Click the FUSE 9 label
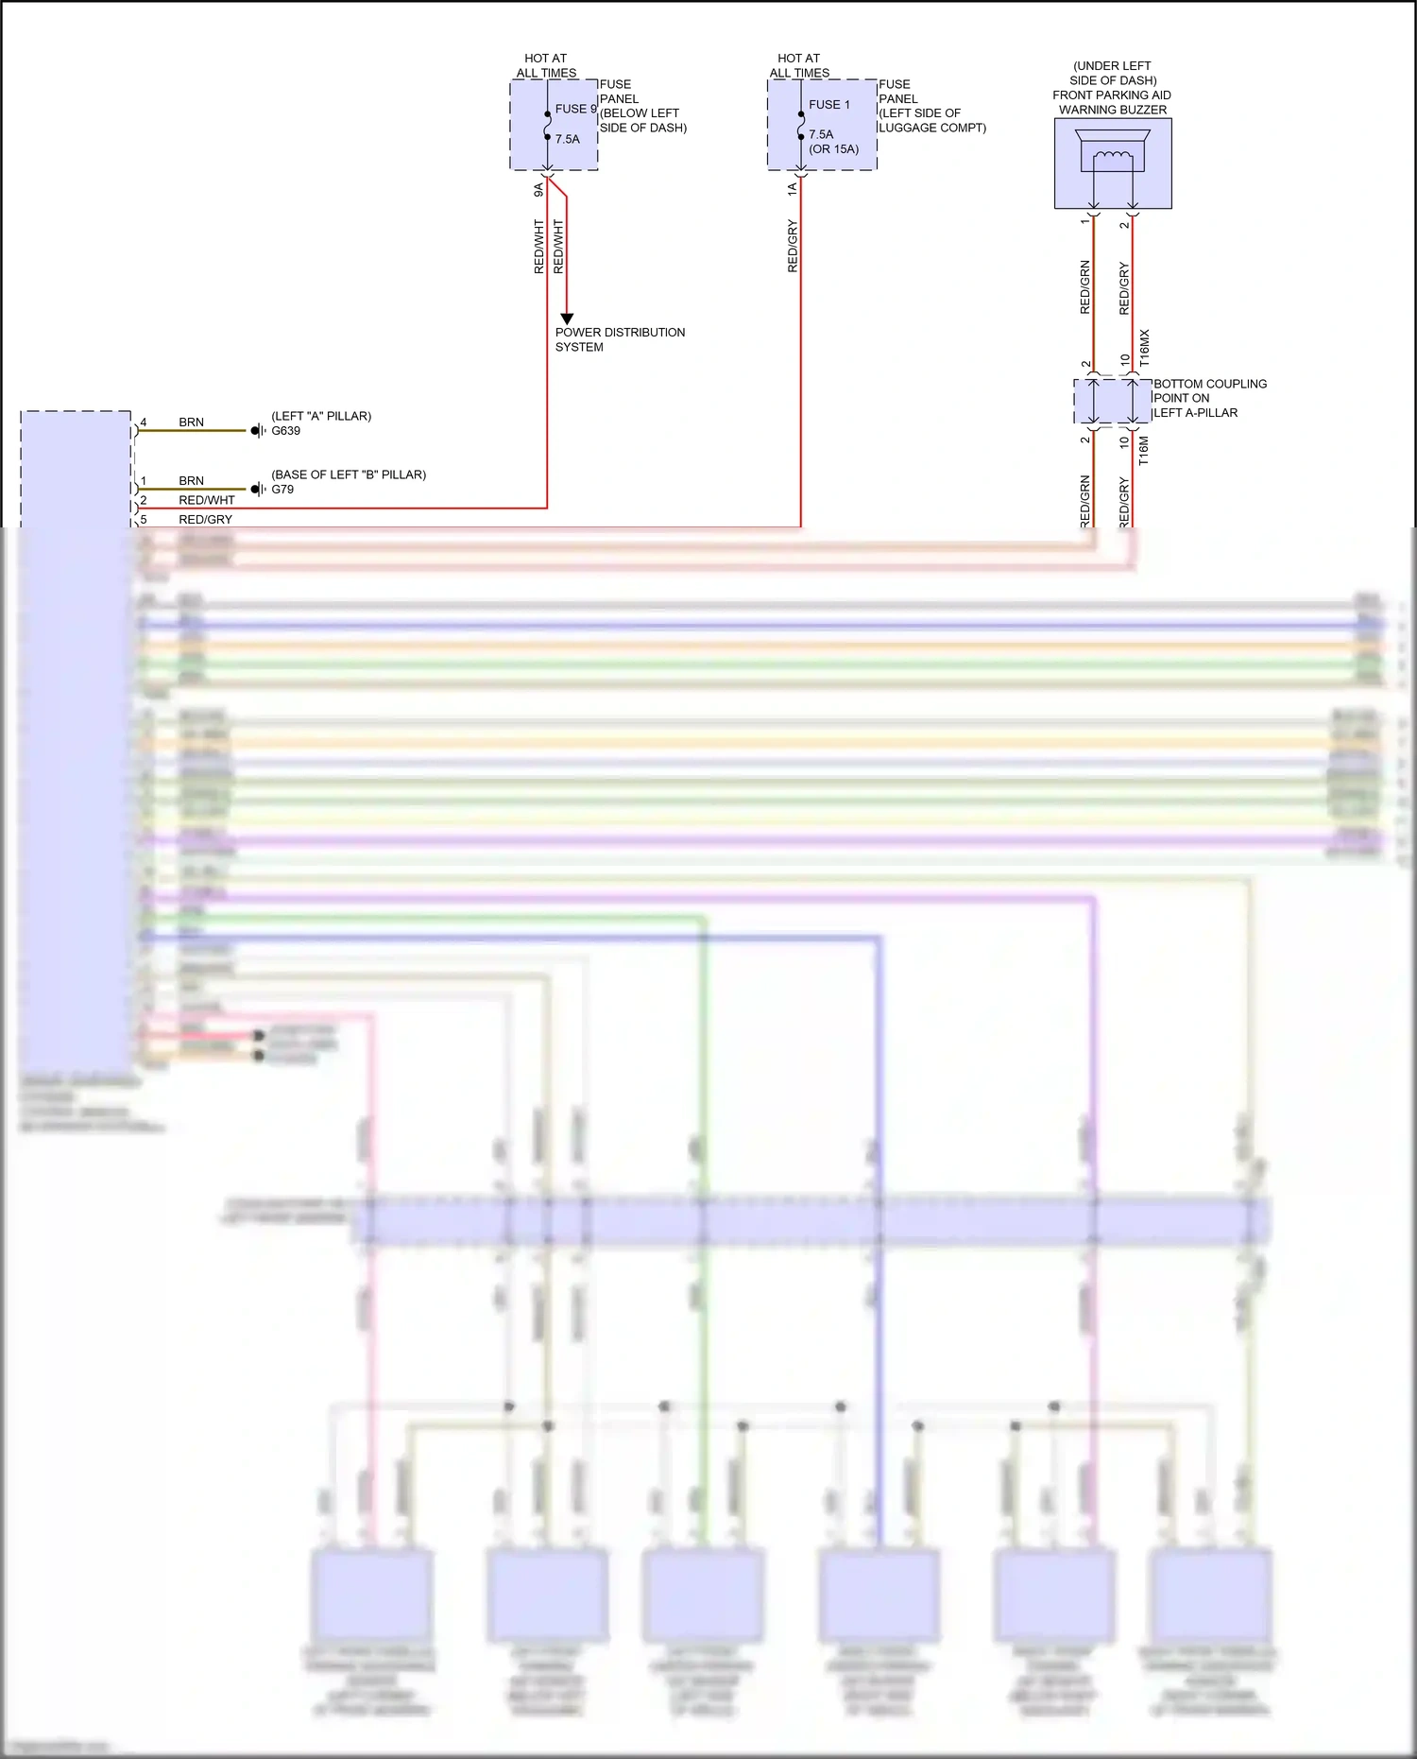(575, 109)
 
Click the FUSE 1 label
(828, 105)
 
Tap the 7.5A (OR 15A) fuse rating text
(832, 142)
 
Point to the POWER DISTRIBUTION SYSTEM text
(619, 339)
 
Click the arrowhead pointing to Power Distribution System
(567, 319)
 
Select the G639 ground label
(285, 431)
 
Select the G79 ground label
(282, 490)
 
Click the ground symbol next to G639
(258, 431)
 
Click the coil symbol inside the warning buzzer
(1113, 157)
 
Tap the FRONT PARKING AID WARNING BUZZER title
(1112, 102)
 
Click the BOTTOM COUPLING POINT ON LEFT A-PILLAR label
(1208, 398)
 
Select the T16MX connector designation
(1144, 348)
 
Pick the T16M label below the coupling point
(1144, 451)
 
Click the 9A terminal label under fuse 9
(538, 189)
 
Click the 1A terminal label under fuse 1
(792, 189)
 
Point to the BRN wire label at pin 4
(191, 423)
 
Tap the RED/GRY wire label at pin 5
(205, 520)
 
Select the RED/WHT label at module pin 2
(206, 500)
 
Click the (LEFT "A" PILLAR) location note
(321, 416)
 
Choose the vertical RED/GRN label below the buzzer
(1084, 286)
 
